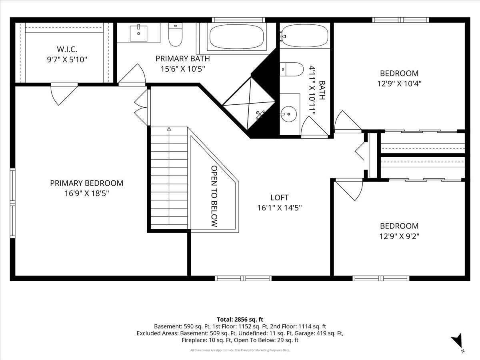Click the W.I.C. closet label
[x=67, y=49]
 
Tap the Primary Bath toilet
[x=175, y=34]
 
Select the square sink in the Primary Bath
[x=138, y=33]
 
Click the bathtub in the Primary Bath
[x=237, y=36]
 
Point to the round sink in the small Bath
[x=288, y=114]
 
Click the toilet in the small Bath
[x=292, y=69]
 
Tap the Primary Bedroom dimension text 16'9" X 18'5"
[x=86, y=193]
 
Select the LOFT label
[x=280, y=197]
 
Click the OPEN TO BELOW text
[x=214, y=196]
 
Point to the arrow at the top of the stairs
[x=169, y=129]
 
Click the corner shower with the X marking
[x=249, y=103]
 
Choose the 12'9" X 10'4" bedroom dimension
[x=399, y=84]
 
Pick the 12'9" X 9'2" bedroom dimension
[x=399, y=236]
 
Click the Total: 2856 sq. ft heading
[x=240, y=319]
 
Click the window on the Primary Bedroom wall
[x=13, y=203]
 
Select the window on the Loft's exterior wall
[x=243, y=278]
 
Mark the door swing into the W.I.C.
[x=64, y=94]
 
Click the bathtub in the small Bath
[x=305, y=36]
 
